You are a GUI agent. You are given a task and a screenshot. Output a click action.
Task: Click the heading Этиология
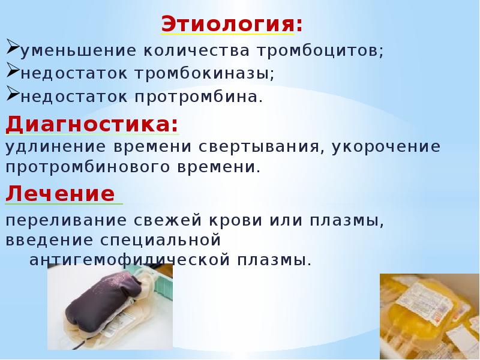[x=232, y=25]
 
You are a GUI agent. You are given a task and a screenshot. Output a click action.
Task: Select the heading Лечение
[x=60, y=194]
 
